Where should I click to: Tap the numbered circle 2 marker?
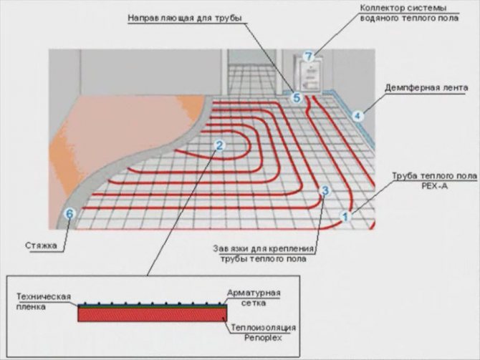click(x=220, y=145)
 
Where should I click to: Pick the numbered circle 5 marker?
click(x=297, y=98)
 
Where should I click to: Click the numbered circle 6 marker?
click(x=69, y=213)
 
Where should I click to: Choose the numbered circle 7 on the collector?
click(x=309, y=55)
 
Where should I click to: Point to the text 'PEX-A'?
click(x=429, y=184)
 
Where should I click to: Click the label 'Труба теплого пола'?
click(x=428, y=174)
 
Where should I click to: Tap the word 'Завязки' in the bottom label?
click(x=231, y=248)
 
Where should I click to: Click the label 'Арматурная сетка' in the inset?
click(x=253, y=298)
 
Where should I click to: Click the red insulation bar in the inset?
click(x=153, y=314)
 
